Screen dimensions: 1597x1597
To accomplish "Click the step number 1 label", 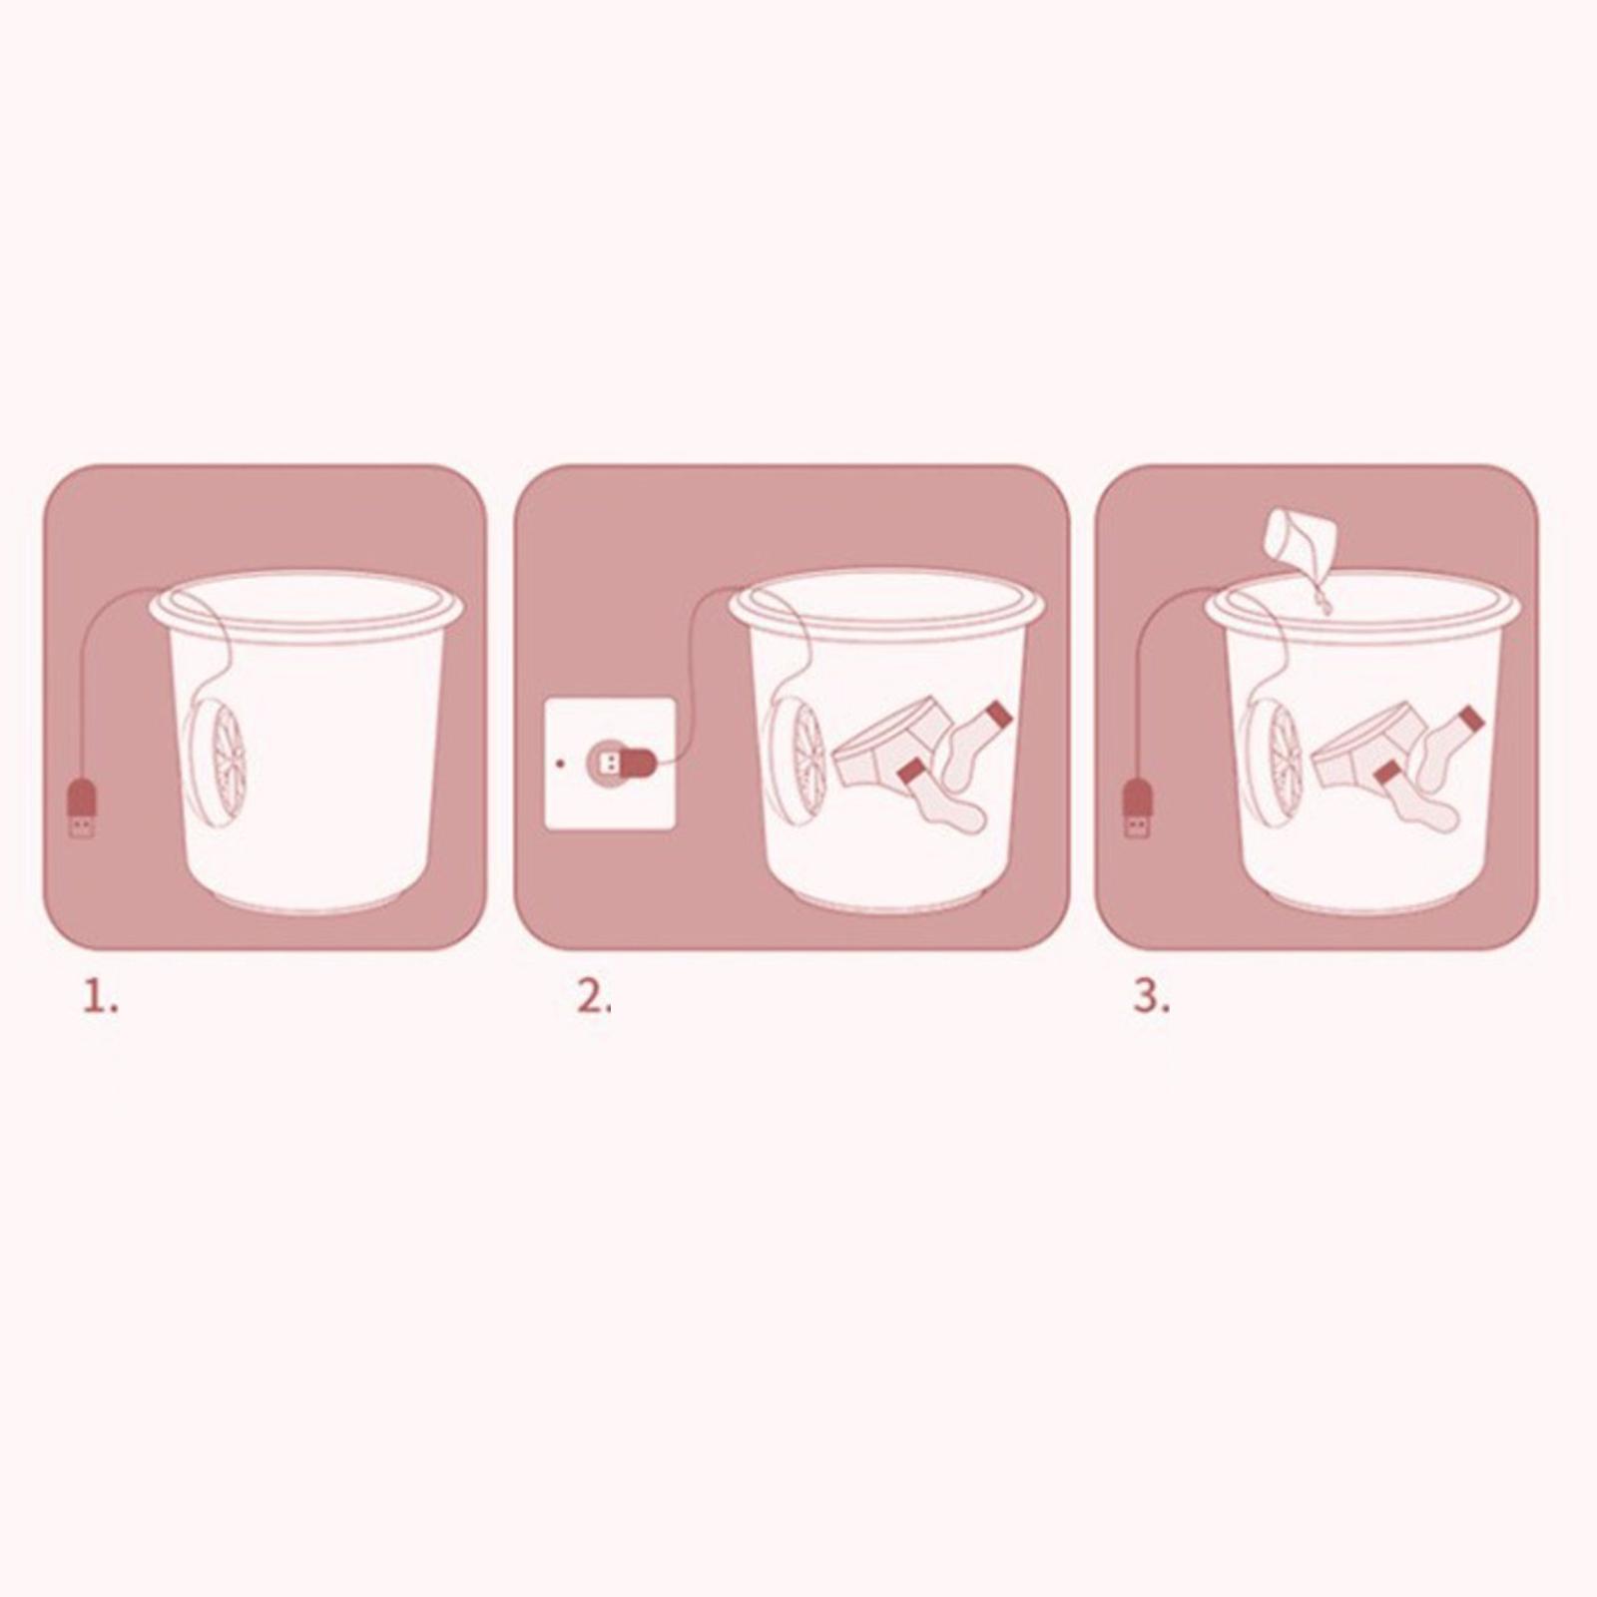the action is pyautogui.click(x=100, y=997).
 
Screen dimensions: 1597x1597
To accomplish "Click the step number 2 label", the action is pyautogui.click(x=594, y=997).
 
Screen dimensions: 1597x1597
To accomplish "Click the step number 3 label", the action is pyautogui.click(x=1151, y=997).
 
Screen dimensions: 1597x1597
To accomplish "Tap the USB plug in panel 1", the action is pyautogui.click(x=82, y=808).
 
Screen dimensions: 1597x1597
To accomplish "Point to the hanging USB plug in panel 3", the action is pyautogui.click(x=1137, y=808).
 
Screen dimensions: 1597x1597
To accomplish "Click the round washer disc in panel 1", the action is pyautogui.click(x=216, y=755).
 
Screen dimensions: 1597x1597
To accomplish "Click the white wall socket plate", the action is pyautogui.click(x=610, y=765).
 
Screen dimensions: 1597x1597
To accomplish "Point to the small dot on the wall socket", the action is pyautogui.click(x=560, y=765).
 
